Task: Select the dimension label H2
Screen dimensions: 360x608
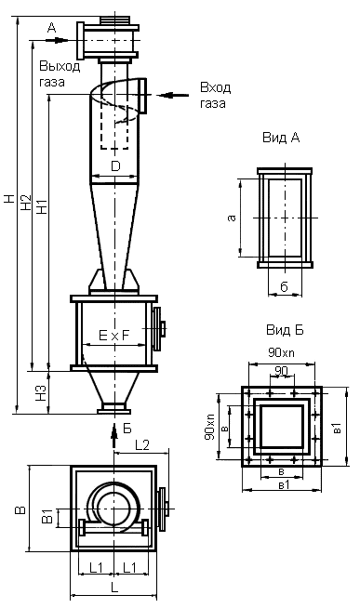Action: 26,202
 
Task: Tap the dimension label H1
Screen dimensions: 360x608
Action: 42,205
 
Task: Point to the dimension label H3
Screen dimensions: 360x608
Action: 42,393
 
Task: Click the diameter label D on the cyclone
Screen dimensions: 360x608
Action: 115,166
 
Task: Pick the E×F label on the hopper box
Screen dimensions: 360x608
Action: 113,336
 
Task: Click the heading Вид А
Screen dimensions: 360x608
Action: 281,138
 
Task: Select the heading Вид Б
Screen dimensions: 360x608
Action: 285,330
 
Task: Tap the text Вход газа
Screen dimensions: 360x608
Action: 215,95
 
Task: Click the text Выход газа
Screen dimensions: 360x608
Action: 60,73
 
